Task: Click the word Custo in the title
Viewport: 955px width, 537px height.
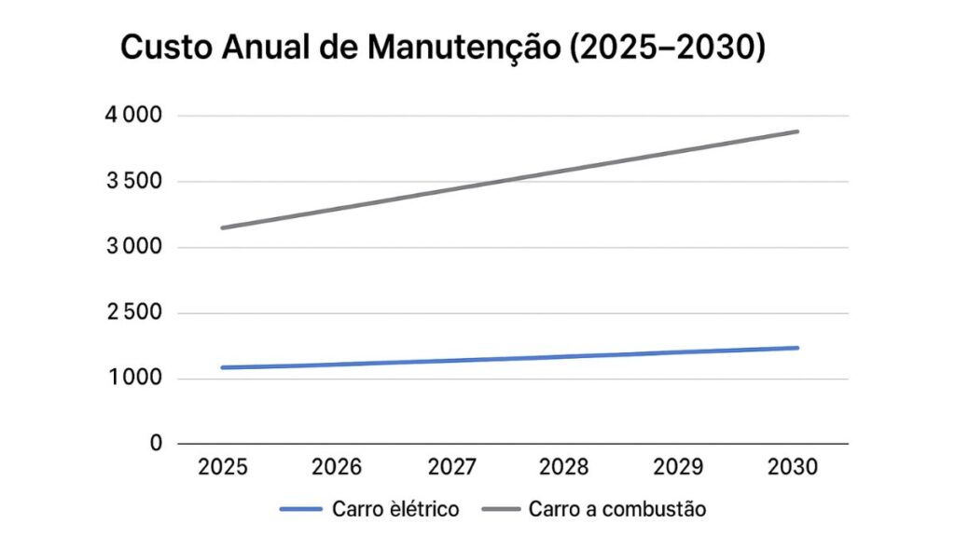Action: click(x=165, y=48)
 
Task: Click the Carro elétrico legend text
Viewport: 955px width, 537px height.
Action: click(x=394, y=509)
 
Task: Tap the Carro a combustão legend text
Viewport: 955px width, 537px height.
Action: click(x=617, y=509)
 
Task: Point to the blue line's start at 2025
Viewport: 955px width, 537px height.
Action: click(x=222, y=367)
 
